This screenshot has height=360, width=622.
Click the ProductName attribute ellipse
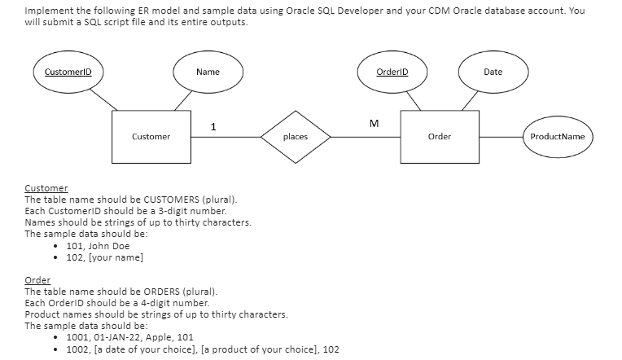(x=557, y=136)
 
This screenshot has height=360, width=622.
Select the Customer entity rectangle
(x=151, y=136)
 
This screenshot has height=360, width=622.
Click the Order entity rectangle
(x=439, y=136)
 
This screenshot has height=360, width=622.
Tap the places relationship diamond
(x=295, y=136)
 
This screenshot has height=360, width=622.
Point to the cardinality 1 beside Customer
(x=212, y=126)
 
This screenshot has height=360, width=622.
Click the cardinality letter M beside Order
(x=374, y=124)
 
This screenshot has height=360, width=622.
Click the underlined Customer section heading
(x=46, y=188)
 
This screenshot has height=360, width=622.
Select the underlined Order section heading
(x=37, y=280)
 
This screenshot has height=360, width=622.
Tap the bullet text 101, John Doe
(x=97, y=246)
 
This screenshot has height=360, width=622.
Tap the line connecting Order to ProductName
(x=499, y=136)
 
